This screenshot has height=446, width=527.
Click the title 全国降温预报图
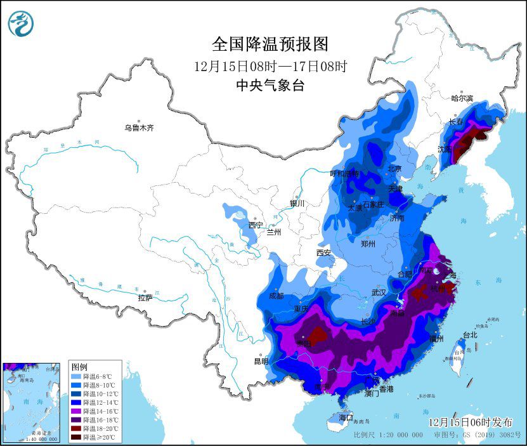(271, 44)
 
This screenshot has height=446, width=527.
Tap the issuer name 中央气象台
(270, 86)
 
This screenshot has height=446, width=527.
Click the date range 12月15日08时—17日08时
(271, 65)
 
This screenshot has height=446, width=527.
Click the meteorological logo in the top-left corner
(21, 23)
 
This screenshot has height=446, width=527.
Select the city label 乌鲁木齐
(138, 128)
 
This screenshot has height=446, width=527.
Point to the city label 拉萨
(145, 298)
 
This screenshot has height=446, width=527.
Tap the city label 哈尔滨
(462, 98)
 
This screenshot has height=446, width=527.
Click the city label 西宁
(256, 225)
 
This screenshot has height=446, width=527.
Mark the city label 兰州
(274, 232)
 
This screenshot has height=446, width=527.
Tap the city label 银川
(297, 204)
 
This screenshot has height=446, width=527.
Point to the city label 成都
(277, 295)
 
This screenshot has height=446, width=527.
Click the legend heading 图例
(79, 367)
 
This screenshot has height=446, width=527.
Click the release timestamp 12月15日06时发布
(470, 422)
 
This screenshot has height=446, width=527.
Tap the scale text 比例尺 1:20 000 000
(388, 435)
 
